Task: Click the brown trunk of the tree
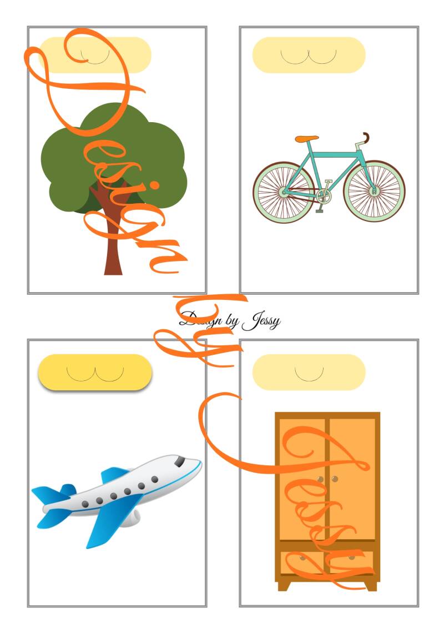(113, 240)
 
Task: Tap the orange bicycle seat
(307, 139)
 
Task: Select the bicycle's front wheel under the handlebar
(374, 192)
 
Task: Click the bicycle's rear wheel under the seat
(284, 193)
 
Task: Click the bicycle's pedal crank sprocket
(324, 196)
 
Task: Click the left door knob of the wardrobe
(320, 479)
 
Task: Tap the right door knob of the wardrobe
(335, 479)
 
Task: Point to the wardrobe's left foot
(284, 585)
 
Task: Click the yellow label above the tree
(95, 55)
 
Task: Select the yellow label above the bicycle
(309, 55)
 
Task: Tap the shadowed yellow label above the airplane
(95, 373)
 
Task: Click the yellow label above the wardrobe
(309, 372)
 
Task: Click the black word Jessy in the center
(261, 321)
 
